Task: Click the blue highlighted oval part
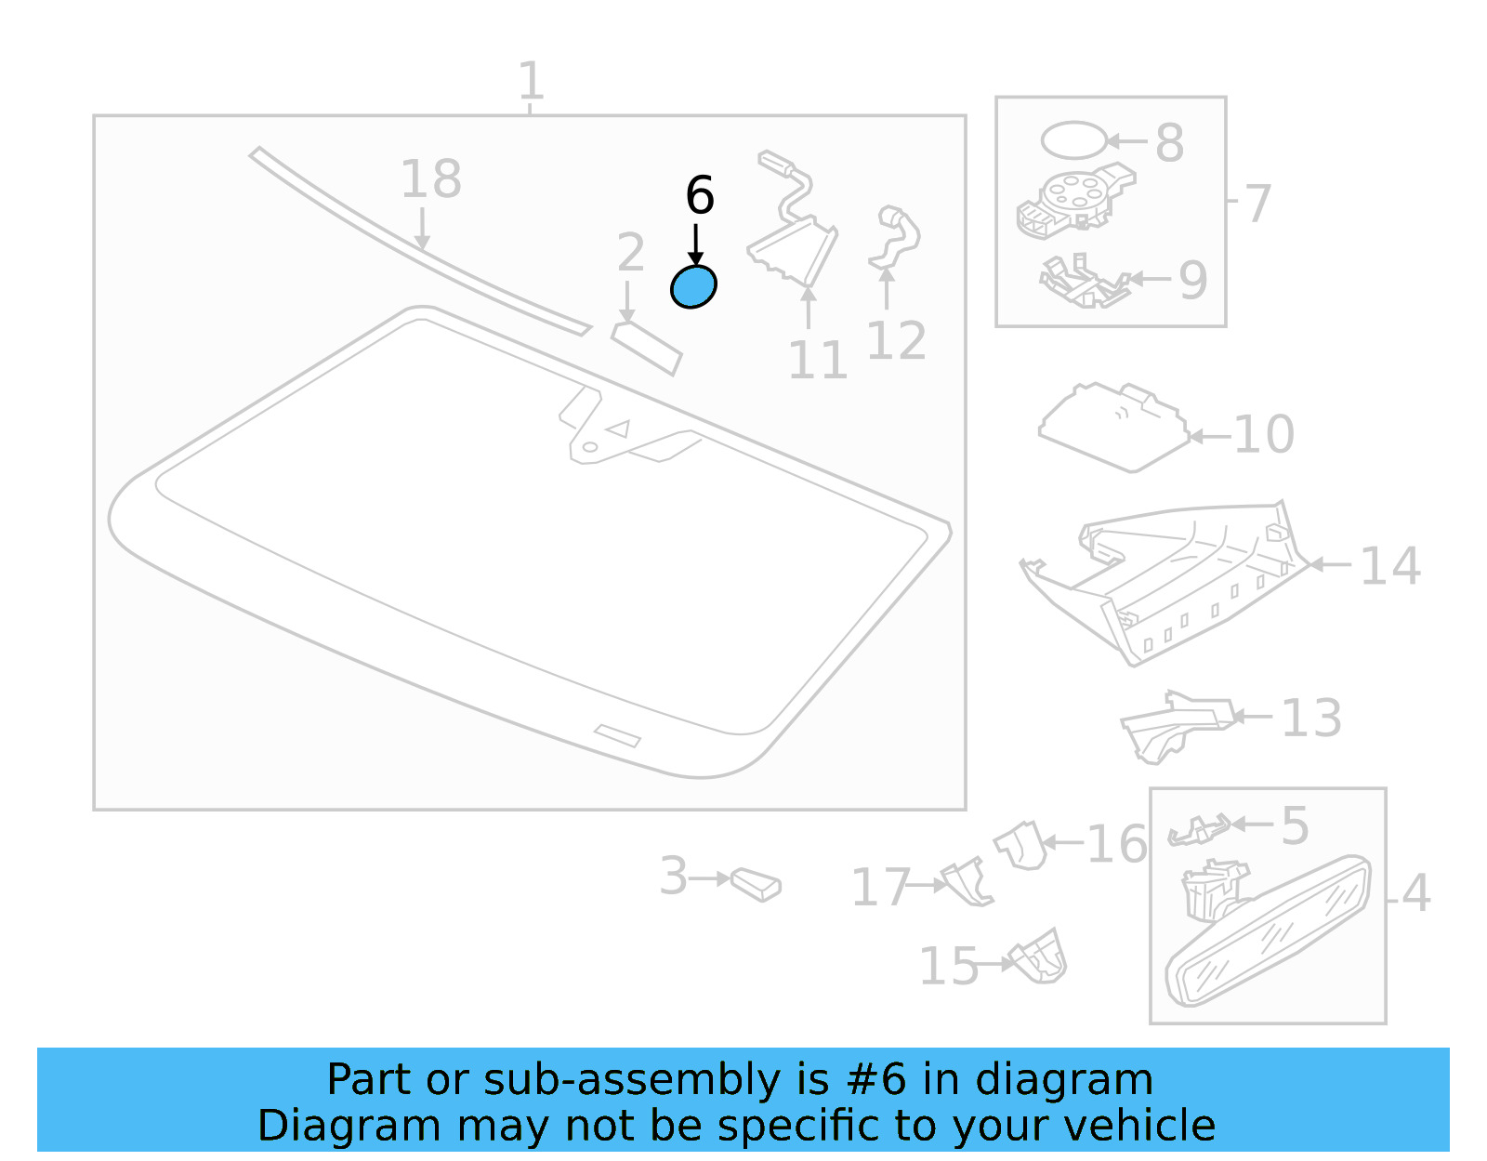693,286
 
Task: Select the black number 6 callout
700,196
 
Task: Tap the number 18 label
430,179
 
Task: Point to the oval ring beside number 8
1073,140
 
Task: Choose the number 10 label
1264,434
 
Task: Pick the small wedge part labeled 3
756,884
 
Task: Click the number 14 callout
1390,566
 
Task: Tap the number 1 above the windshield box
530,82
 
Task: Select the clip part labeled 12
893,238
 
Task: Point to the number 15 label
949,967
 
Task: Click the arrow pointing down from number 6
695,244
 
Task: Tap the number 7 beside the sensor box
1257,204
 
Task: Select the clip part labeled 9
1082,282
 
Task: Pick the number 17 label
880,887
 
